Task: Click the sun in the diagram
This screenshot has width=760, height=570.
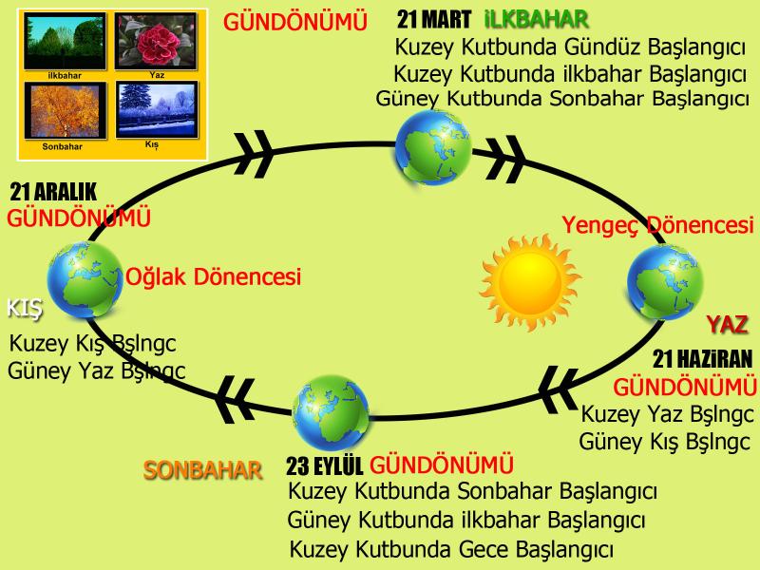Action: pos(530,282)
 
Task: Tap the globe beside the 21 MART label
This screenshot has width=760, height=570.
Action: pos(433,147)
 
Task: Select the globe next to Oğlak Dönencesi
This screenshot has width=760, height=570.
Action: pos(85,279)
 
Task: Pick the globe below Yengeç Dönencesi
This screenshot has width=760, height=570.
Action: pos(665,282)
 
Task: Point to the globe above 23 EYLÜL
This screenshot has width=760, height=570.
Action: pos(331,413)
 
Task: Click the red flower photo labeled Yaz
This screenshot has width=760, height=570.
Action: pos(156,42)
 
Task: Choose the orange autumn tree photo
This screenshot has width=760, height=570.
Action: pos(65,110)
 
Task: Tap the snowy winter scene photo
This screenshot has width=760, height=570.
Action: pos(157,109)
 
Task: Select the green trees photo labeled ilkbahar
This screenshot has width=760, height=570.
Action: pos(65,42)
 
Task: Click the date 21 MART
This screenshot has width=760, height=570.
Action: pos(434,20)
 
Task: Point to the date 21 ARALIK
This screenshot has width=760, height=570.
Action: pos(53,192)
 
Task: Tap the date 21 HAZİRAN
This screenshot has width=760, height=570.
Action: pos(702,359)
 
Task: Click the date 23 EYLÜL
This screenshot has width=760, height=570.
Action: pos(324,466)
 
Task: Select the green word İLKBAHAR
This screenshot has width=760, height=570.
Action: pos(537,20)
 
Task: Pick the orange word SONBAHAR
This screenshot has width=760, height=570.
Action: pos(202,470)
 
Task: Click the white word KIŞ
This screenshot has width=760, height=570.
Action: pos(25,309)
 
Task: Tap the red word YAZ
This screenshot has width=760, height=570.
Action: pos(727,324)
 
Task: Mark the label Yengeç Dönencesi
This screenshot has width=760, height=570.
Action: pos(657,225)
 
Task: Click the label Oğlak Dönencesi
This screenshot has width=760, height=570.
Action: pos(213,276)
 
